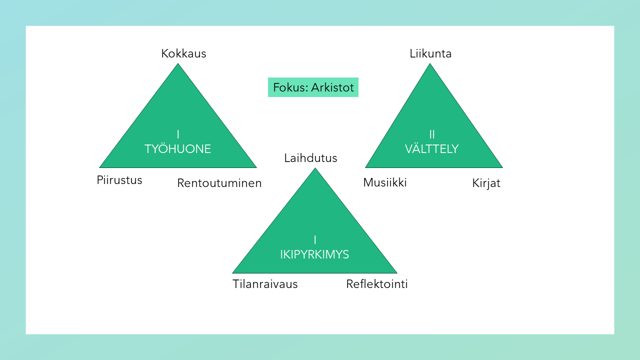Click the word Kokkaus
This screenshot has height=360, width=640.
pyautogui.click(x=183, y=53)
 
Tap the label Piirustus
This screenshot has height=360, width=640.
pyautogui.click(x=119, y=180)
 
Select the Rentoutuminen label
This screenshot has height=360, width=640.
pyautogui.click(x=219, y=183)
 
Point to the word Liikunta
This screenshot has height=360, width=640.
pyautogui.click(x=430, y=53)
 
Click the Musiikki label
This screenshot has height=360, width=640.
pyautogui.click(x=385, y=182)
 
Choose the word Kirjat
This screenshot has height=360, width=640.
pyautogui.click(x=486, y=183)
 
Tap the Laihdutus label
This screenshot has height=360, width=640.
pyautogui.click(x=310, y=158)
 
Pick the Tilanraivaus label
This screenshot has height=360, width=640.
pyautogui.click(x=265, y=284)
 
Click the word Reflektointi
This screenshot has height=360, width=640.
pyautogui.click(x=377, y=284)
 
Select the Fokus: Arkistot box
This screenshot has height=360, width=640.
pyautogui.click(x=313, y=87)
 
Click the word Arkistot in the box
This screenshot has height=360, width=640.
pyautogui.click(x=332, y=87)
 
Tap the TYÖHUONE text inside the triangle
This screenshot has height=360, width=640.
pyautogui.click(x=177, y=149)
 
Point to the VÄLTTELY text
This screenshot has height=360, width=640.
pyautogui.click(x=431, y=149)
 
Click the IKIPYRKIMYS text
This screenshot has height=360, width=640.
pyautogui.click(x=314, y=254)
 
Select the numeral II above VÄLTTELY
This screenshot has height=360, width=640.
pyautogui.click(x=432, y=134)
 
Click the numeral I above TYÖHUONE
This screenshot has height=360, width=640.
pyautogui.click(x=177, y=134)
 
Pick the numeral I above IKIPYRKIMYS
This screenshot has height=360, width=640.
pyautogui.click(x=314, y=239)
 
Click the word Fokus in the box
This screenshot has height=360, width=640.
pyautogui.click(x=289, y=87)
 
